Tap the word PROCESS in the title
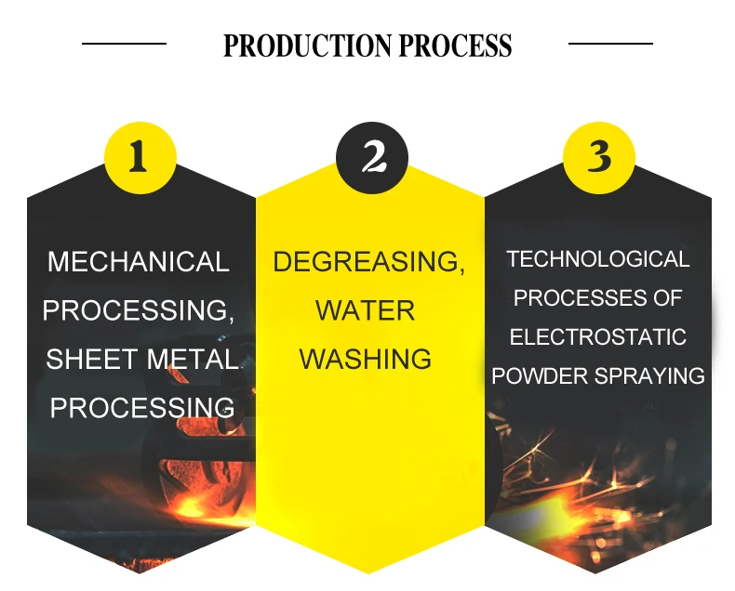455,46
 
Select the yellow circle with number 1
140,157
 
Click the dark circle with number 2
372,157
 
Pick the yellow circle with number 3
599,157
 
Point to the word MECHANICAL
138,262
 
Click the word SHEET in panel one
87,359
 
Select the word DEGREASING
367,262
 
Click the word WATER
367,310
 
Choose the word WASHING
366,359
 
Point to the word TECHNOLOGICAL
598,259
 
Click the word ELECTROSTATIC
598,336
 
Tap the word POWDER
537,375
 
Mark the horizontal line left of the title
124,43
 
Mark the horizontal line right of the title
610,43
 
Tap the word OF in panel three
668,298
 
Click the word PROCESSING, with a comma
138,310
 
